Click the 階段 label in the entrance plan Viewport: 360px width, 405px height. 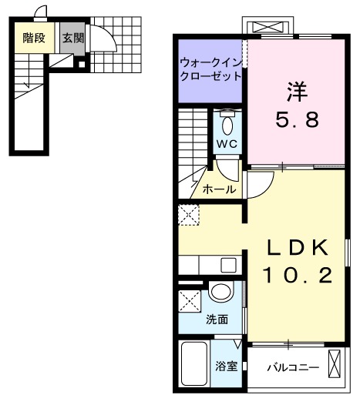tap(33, 37)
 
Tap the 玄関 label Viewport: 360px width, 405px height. tap(73, 37)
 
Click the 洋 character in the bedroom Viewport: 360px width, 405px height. tap(297, 91)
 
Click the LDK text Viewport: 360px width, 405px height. tap(298, 248)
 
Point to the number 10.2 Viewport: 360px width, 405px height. tap(298, 275)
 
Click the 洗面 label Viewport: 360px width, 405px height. tap(217, 320)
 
